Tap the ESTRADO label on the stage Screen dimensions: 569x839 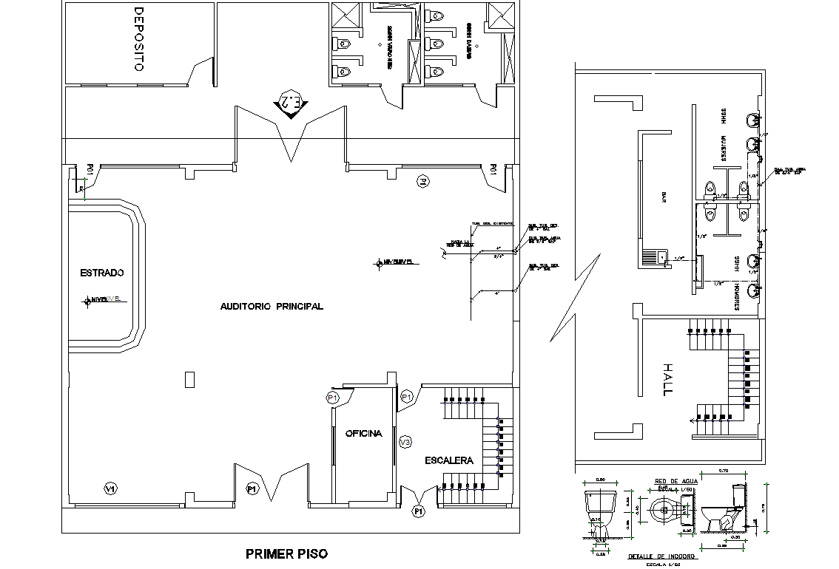[101, 273]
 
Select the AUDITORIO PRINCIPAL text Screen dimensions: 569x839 [272, 306]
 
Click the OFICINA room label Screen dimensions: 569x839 [363, 434]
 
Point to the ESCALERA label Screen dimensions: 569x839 [448, 460]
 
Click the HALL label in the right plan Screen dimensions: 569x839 [668, 379]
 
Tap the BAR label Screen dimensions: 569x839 [664, 197]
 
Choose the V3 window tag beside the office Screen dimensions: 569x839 [405, 442]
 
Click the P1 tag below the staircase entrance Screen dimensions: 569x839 [419, 511]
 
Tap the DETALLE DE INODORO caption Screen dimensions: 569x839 [661, 556]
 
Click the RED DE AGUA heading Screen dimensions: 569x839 [672, 482]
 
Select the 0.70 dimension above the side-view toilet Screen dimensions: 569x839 [722, 470]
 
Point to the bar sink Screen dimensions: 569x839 [656, 258]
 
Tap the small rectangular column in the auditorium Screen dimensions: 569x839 [189, 379]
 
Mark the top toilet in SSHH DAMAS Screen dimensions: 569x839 [435, 14]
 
